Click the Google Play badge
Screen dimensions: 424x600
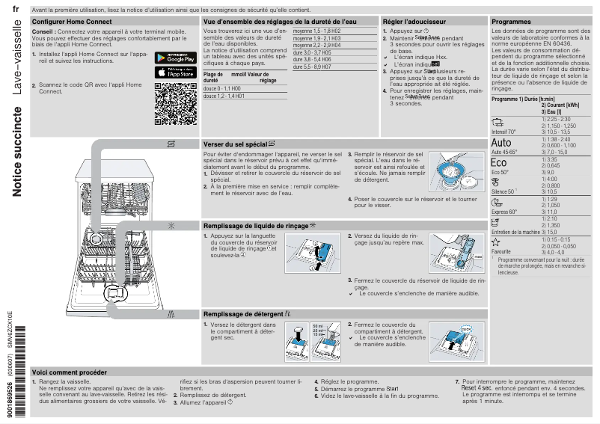(176, 58)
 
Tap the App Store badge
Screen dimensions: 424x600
(176, 73)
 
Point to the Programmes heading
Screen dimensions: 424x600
(511, 22)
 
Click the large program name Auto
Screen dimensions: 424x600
(502, 143)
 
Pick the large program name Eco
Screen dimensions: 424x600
(499, 163)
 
